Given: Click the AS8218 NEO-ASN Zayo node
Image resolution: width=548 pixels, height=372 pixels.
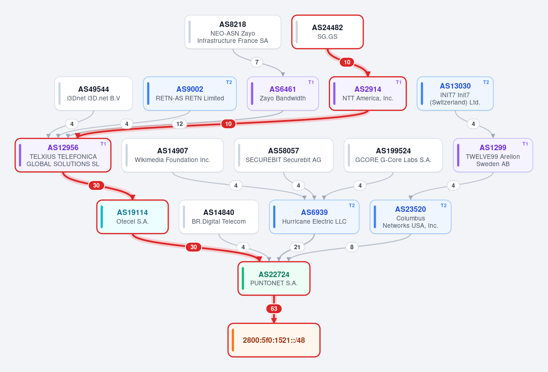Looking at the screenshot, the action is click(232, 32).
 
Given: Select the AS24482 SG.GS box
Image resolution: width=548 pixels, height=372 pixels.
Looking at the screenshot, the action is click(327, 32).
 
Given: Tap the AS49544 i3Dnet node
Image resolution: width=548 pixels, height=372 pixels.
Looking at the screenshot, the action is click(94, 94).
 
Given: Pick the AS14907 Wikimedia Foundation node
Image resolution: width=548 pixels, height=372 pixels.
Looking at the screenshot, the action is click(173, 155).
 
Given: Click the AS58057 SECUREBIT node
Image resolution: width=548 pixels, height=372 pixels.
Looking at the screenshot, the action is click(284, 155).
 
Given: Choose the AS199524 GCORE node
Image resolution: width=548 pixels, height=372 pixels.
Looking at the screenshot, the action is click(393, 155).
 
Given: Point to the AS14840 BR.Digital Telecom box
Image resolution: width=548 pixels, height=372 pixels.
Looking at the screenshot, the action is click(219, 217).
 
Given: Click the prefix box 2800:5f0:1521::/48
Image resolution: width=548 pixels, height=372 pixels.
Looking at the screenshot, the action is click(274, 340).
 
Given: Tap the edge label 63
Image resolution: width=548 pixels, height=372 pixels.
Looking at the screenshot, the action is click(274, 309).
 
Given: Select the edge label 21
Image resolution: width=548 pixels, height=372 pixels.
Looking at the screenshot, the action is click(297, 247).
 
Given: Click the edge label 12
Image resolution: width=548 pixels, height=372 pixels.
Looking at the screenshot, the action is click(179, 124).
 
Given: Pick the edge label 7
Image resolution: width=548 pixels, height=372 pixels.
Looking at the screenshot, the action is click(257, 62).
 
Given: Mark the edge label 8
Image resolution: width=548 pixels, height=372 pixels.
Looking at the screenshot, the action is click(352, 247).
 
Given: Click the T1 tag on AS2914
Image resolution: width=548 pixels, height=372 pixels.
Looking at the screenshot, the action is click(399, 83).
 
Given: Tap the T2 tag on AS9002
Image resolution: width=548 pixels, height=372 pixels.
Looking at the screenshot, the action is click(229, 83).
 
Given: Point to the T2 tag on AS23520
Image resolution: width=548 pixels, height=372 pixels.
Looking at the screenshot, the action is click(443, 206).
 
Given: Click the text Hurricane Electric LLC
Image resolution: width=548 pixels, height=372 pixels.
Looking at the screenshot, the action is click(314, 221).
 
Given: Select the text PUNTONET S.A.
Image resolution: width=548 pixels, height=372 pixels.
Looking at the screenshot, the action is click(274, 283).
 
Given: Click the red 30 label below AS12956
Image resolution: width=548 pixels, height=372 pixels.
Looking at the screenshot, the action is click(96, 185).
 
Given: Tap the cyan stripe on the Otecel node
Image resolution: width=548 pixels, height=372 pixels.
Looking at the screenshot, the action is click(102, 217).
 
